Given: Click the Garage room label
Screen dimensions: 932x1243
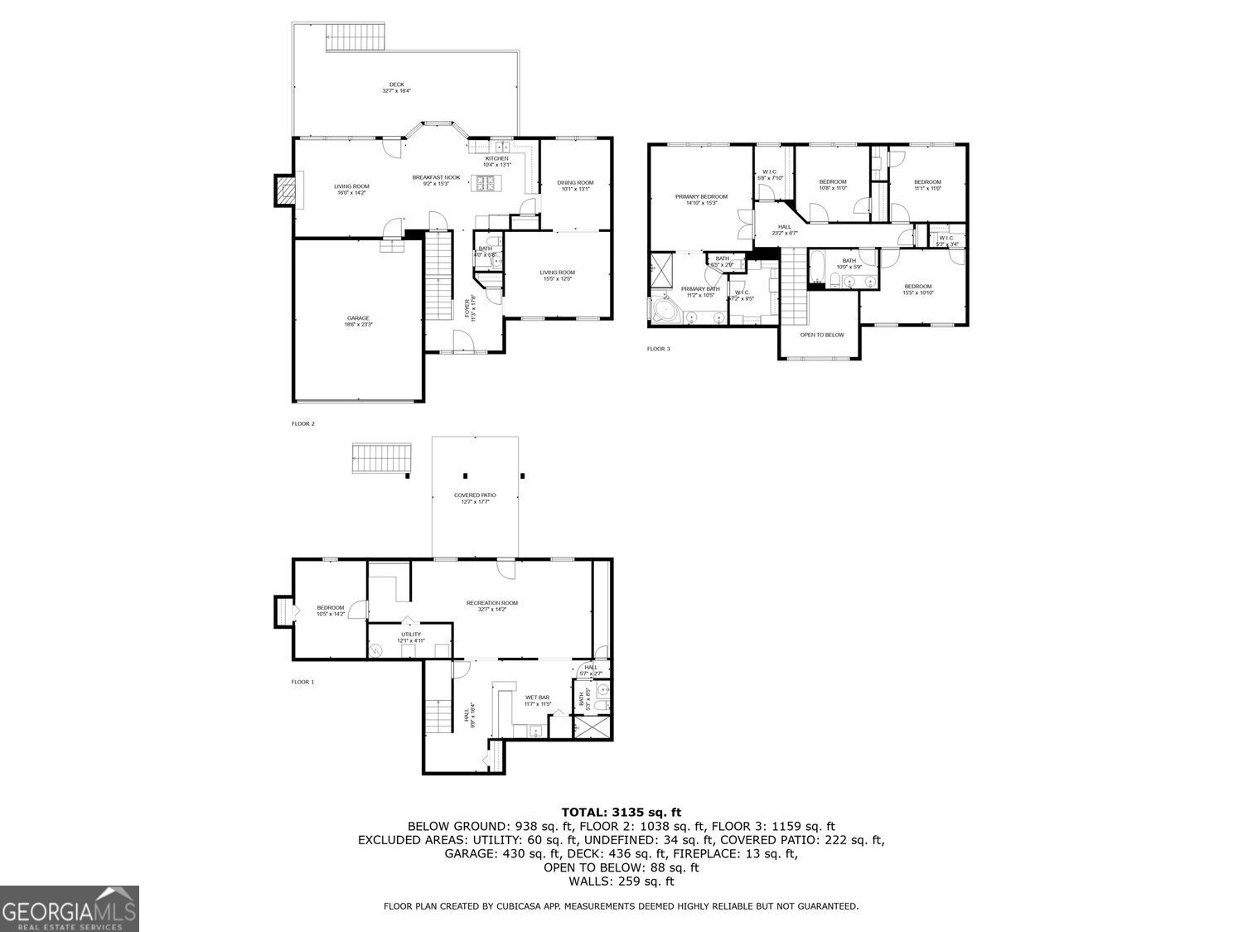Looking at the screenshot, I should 358,321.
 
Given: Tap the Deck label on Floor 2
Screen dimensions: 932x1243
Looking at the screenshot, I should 397,87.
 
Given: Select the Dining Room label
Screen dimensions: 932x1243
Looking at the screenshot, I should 575,186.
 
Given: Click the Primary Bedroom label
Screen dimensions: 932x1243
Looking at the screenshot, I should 701,200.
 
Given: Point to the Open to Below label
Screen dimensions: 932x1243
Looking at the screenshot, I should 822,335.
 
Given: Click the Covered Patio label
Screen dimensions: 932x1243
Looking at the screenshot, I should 475,498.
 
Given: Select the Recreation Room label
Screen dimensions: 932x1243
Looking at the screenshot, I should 491,606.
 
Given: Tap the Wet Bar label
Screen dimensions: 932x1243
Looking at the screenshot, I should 537,700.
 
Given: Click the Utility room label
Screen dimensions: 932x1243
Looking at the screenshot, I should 411,637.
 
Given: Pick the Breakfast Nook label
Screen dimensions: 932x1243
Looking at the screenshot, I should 436,180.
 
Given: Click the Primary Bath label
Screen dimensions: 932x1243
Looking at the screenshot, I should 700,292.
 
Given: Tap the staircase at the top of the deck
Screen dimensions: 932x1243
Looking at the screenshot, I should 355,36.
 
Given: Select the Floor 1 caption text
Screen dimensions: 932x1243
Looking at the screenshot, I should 302,682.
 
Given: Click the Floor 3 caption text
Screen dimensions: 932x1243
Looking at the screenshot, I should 658,349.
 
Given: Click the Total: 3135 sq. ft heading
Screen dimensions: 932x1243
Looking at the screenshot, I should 621,812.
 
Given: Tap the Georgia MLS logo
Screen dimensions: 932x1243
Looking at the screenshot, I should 69,909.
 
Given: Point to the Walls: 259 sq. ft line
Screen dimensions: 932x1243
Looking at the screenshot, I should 621,881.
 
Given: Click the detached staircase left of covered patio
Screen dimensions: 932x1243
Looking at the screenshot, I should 381,457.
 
